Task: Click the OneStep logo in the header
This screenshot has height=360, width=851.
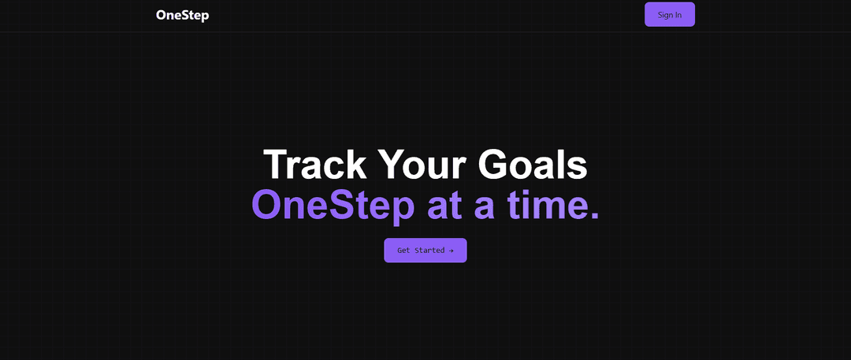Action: point(182,15)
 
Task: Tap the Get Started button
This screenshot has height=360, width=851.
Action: point(425,251)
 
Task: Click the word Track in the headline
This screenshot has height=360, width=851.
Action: point(314,165)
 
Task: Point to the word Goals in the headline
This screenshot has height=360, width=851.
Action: point(533,165)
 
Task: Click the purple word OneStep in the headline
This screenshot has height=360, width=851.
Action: point(333,205)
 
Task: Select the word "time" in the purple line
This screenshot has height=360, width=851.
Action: point(544,205)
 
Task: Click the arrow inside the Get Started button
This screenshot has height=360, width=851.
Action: point(451,251)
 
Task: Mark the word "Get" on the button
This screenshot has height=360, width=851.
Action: point(403,251)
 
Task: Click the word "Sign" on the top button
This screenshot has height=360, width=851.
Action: point(664,15)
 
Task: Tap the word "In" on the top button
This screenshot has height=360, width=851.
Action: point(678,15)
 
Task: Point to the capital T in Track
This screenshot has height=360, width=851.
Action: point(277,165)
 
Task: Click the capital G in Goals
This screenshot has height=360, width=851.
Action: point(493,165)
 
